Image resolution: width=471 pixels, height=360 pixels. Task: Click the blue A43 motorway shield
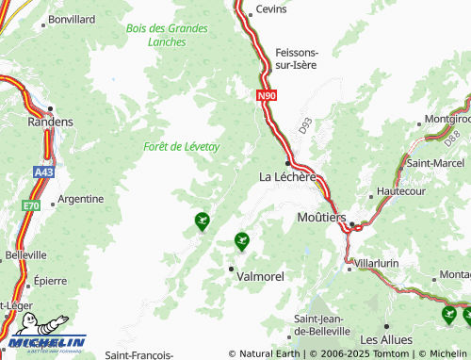pos(44,173)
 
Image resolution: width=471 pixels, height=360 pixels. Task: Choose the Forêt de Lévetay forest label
pos(182,146)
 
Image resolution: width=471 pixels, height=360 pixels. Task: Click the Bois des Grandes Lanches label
pos(167,35)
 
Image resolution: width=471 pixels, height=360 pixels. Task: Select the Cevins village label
pos(271,9)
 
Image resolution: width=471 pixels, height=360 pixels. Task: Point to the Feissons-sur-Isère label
pos(296,58)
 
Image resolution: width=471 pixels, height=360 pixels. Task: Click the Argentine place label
pos(81,199)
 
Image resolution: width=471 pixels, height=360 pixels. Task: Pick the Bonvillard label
pos(72,19)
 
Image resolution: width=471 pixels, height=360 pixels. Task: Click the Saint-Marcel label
pos(430,162)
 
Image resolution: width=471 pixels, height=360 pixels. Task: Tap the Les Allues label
pos(383,338)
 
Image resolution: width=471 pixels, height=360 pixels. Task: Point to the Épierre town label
pos(49,280)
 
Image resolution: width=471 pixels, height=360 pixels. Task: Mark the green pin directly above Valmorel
pos(241,241)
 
